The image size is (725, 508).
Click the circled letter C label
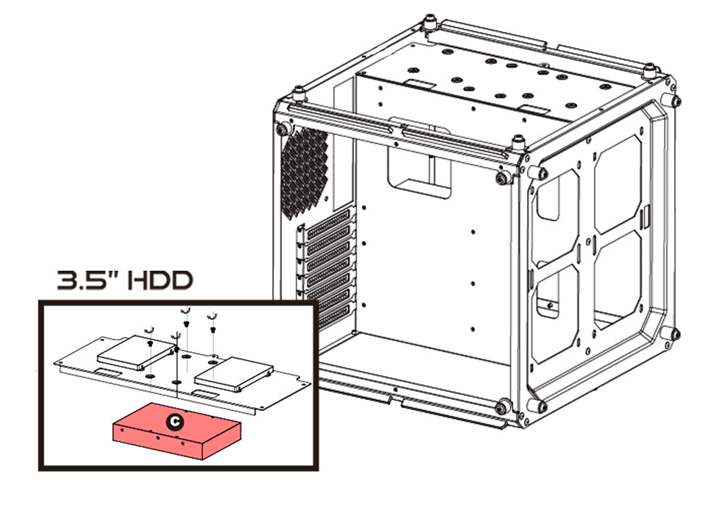coord(173,420)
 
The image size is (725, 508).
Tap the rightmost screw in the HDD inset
coord(213,317)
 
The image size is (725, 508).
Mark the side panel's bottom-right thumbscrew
coord(675,335)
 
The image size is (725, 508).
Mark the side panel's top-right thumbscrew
coord(675,100)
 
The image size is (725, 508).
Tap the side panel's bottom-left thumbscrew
coord(540,406)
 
